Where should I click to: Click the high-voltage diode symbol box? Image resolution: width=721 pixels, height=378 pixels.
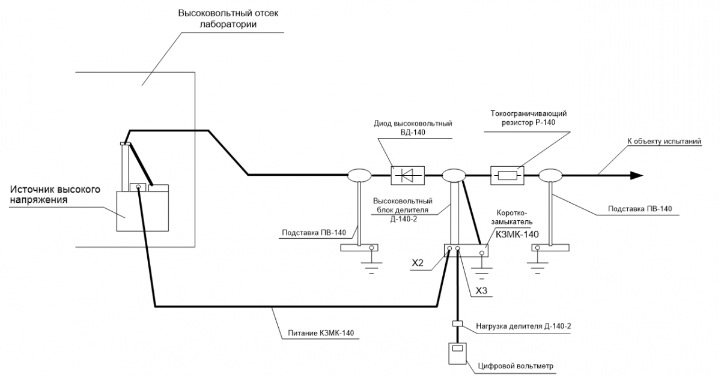(407, 175)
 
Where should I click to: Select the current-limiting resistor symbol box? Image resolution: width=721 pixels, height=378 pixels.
(507, 175)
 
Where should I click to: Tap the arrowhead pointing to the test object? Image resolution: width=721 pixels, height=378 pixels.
(636, 175)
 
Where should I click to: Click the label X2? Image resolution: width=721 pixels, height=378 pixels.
(418, 263)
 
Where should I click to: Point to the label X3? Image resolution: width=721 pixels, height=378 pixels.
(481, 290)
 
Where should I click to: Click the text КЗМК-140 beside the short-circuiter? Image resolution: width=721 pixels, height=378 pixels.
(517, 235)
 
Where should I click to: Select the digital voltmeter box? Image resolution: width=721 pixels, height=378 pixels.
(457, 353)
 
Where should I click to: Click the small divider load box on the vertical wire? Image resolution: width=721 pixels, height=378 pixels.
(457, 323)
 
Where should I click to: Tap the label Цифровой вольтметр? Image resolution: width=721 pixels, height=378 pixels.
(516, 366)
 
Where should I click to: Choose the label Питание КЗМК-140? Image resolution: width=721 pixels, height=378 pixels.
(321, 332)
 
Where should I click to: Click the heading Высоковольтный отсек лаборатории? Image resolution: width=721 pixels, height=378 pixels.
(228, 19)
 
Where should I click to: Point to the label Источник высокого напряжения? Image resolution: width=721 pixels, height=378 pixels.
(55, 194)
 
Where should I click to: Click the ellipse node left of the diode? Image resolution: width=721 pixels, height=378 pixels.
(359, 175)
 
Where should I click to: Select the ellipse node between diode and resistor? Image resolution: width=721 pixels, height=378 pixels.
(454, 175)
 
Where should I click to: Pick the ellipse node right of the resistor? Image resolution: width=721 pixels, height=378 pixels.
(550, 175)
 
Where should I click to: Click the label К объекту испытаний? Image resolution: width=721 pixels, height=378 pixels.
(664, 141)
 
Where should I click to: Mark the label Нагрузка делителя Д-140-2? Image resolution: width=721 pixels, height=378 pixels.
(523, 326)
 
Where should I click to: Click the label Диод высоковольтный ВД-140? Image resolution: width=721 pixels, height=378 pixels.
(413, 128)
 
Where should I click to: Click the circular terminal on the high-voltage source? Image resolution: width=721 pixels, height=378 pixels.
(138, 187)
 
